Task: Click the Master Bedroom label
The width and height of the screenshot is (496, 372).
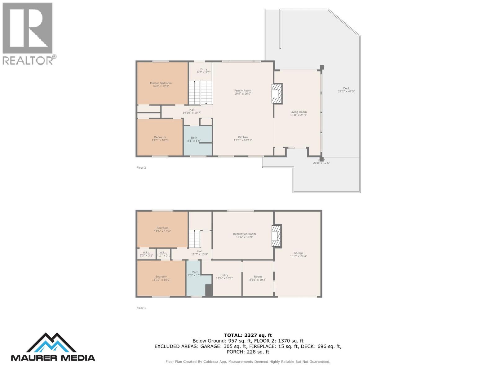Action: click(161, 83)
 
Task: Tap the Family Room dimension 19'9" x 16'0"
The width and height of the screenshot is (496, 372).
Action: click(243, 94)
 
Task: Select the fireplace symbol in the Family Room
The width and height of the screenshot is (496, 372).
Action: click(277, 93)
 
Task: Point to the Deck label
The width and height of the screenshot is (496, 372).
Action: click(346, 88)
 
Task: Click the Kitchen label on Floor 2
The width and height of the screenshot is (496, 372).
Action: click(243, 137)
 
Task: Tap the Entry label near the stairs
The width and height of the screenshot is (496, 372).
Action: click(204, 69)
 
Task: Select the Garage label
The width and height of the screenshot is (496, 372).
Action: click(299, 253)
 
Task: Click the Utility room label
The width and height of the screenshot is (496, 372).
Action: click(224, 275)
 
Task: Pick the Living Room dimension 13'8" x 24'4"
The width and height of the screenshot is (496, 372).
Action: click(299, 115)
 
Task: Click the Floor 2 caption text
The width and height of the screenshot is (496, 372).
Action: click(141, 168)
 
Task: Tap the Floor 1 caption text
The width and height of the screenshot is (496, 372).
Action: click(141, 308)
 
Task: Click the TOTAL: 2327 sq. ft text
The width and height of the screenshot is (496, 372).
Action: click(248, 335)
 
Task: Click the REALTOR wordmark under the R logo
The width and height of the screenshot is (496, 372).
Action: click(28, 60)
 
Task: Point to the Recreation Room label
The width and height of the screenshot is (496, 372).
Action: click(244, 234)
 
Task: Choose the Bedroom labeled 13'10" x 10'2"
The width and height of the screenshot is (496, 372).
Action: click(161, 278)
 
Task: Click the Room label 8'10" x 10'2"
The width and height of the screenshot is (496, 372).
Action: click(258, 277)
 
